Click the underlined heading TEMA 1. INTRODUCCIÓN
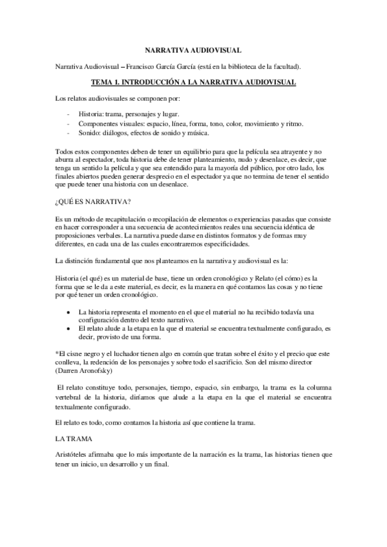(193, 83)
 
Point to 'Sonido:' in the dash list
(89, 134)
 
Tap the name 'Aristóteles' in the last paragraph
(74, 455)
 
